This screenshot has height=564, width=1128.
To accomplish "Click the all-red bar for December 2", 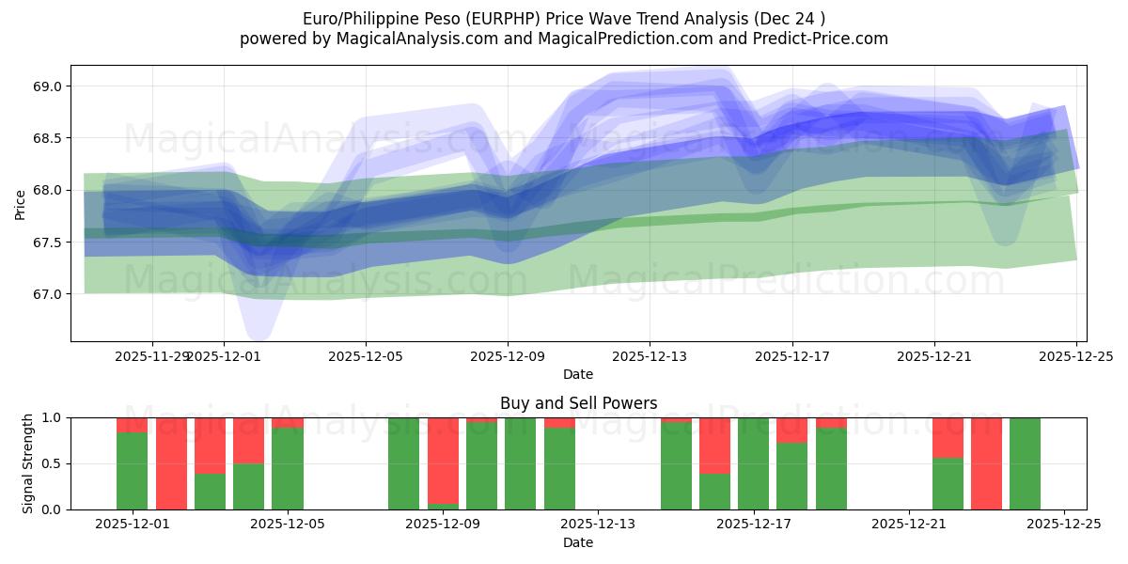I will tap(171, 463).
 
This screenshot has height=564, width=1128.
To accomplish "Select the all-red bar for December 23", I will tap(986, 463).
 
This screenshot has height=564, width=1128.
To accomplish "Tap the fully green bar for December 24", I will tap(1025, 463).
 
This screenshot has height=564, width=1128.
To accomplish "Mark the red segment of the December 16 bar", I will tap(714, 446).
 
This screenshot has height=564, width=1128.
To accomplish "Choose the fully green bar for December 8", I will tap(403, 463).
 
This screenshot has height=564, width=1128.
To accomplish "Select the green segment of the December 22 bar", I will tap(948, 484).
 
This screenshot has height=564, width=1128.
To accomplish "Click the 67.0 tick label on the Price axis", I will tap(47, 294).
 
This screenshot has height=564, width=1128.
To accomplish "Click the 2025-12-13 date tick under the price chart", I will tap(650, 356).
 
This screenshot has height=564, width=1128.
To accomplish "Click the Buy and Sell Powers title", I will tap(578, 403).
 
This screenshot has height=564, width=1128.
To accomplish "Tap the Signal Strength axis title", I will tap(28, 463).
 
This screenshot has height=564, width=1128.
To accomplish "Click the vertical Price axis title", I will tap(21, 204).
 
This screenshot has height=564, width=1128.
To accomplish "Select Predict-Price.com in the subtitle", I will tap(822, 39).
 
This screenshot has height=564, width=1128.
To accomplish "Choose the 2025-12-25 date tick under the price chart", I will tap(1076, 356).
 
